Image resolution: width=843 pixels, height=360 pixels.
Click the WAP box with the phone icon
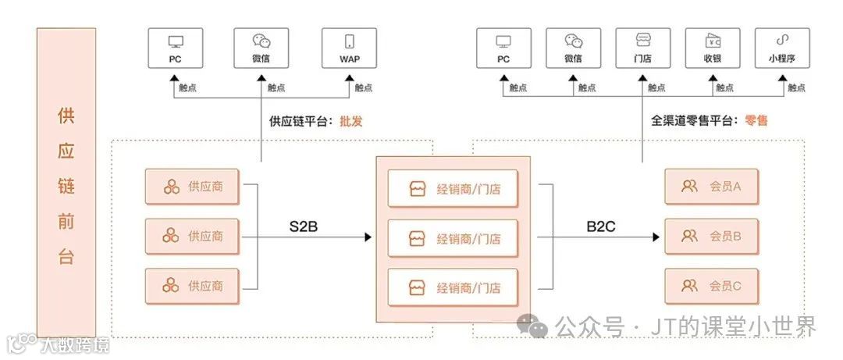click(349, 48)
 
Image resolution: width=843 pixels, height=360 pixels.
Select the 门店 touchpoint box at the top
click(642, 48)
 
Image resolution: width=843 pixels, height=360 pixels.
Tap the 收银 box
click(712, 48)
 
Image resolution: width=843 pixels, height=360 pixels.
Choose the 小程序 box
click(781, 48)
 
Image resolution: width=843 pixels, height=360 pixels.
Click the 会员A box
click(711, 187)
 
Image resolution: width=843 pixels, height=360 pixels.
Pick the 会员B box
click(711, 236)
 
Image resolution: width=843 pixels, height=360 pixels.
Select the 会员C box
click(711, 286)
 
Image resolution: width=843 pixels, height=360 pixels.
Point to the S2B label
click(303, 227)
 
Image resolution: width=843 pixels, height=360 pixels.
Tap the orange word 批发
click(351, 121)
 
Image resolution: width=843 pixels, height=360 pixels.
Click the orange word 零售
click(756, 121)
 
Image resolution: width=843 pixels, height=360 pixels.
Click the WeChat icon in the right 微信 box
click(574, 41)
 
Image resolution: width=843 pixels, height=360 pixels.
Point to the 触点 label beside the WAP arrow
click(363, 88)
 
